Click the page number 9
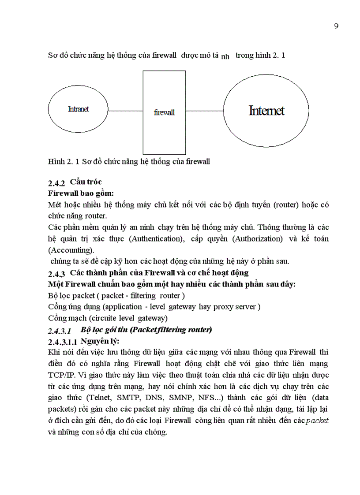click(336, 26)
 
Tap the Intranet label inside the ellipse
click(78, 109)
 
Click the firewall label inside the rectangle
click(164, 112)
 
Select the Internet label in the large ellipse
click(266, 111)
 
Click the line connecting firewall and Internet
click(204, 111)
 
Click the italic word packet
click(317, 421)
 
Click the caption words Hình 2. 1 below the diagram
click(64, 162)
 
